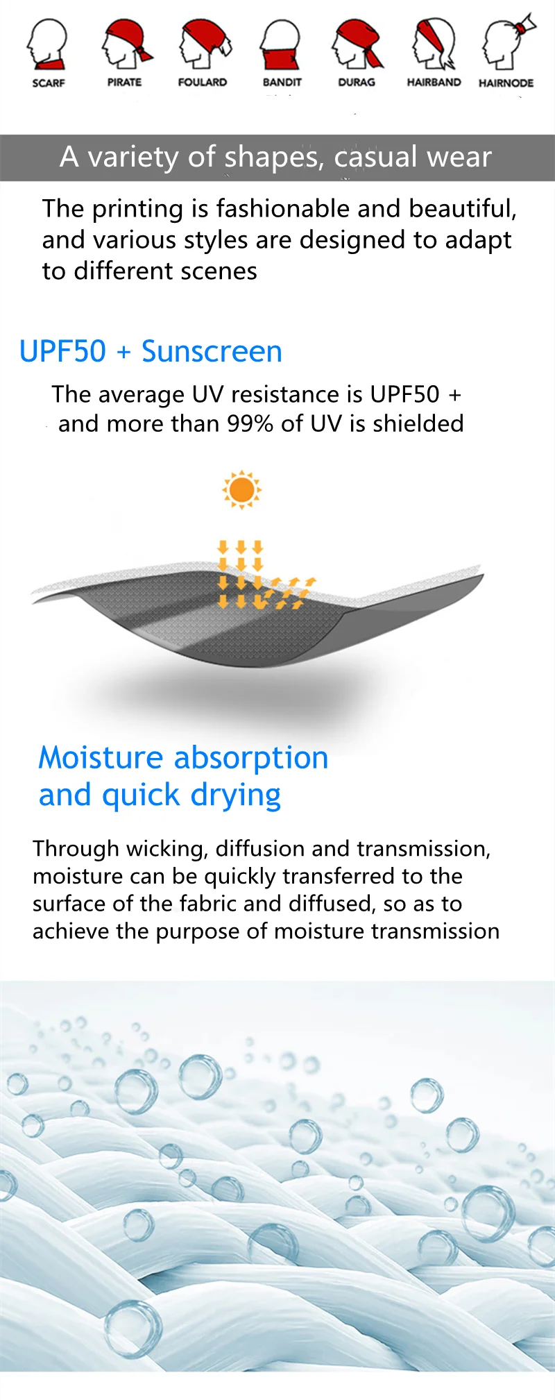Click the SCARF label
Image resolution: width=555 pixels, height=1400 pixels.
coord(49,83)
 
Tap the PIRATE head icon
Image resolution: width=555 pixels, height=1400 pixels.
coord(126,44)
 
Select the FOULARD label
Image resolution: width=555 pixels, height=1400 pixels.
coord(203,82)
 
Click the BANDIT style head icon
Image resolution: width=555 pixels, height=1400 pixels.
coord(280,44)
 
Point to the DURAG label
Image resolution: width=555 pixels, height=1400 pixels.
coord(357,82)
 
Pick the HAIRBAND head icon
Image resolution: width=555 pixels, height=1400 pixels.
coord(434,44)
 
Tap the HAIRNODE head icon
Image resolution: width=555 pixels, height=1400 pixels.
coord(509,42)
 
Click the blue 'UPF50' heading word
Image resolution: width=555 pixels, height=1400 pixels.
coord(63,351)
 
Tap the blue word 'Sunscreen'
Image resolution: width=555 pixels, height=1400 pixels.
coord(212,351)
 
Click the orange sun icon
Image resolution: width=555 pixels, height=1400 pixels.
coord(241,489)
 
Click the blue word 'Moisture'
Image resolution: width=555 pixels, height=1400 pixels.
coord(101,757)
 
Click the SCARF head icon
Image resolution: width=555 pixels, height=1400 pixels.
coord(47,44)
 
